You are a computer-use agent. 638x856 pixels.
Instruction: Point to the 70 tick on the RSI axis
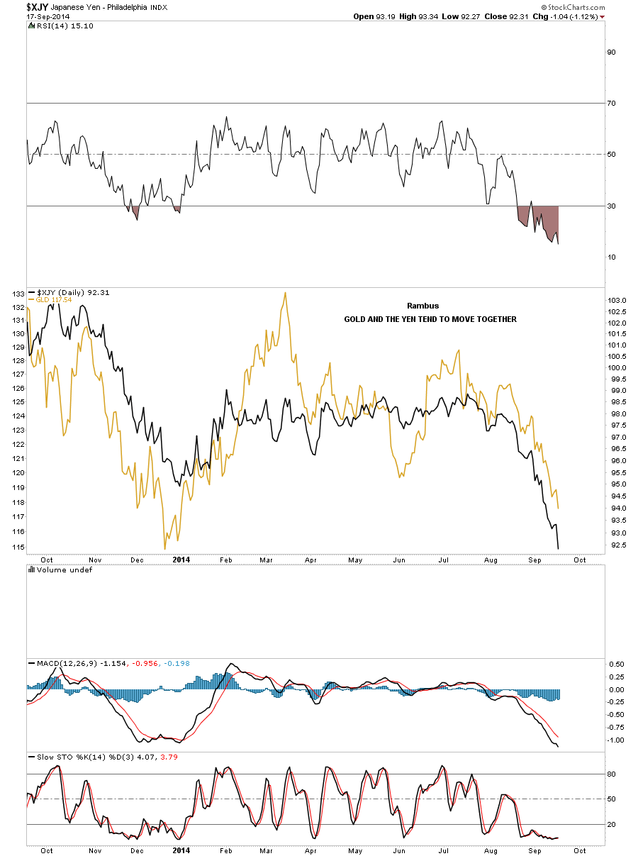[610, 104]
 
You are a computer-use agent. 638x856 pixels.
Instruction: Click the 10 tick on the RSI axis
[610, 257]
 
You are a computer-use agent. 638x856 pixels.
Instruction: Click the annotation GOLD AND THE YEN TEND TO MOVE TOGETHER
[430, 319]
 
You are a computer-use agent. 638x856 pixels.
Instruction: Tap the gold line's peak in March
[284, 292]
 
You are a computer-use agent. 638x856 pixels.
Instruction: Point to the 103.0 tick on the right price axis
[617, 301]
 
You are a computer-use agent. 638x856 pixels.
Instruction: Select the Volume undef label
[64, 569]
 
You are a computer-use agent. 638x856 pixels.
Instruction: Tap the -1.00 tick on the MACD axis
[617, 740]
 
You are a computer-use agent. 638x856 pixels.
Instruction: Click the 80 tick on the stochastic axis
[610, 774]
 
